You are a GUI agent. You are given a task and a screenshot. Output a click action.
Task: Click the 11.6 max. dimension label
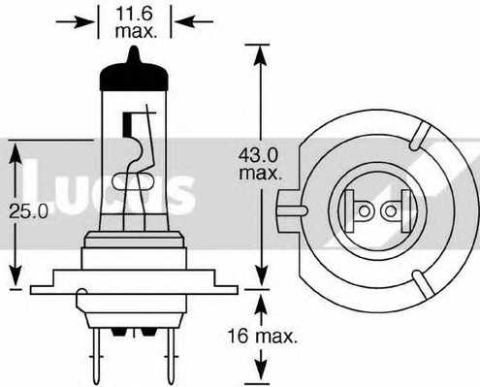[x=136, y=22]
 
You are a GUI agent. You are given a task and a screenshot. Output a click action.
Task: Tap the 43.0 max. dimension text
[x=260, y=164]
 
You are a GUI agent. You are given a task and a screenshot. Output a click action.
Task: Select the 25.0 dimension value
[x=29, y=211]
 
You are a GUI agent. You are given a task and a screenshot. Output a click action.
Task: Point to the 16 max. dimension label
[x=262, y=337]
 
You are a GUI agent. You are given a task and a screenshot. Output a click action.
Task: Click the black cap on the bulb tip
[x=134, y=74]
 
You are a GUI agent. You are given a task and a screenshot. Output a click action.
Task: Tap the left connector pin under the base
[x=96, y=355]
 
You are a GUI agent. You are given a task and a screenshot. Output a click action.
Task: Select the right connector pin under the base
[x=171, y=355]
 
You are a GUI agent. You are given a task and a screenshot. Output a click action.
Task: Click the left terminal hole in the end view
[x=365, y=211]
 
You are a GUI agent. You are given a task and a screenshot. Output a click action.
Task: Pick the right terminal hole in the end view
[x=391, y=211]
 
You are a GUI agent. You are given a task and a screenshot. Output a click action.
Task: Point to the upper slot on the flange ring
[x=420, y=136]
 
